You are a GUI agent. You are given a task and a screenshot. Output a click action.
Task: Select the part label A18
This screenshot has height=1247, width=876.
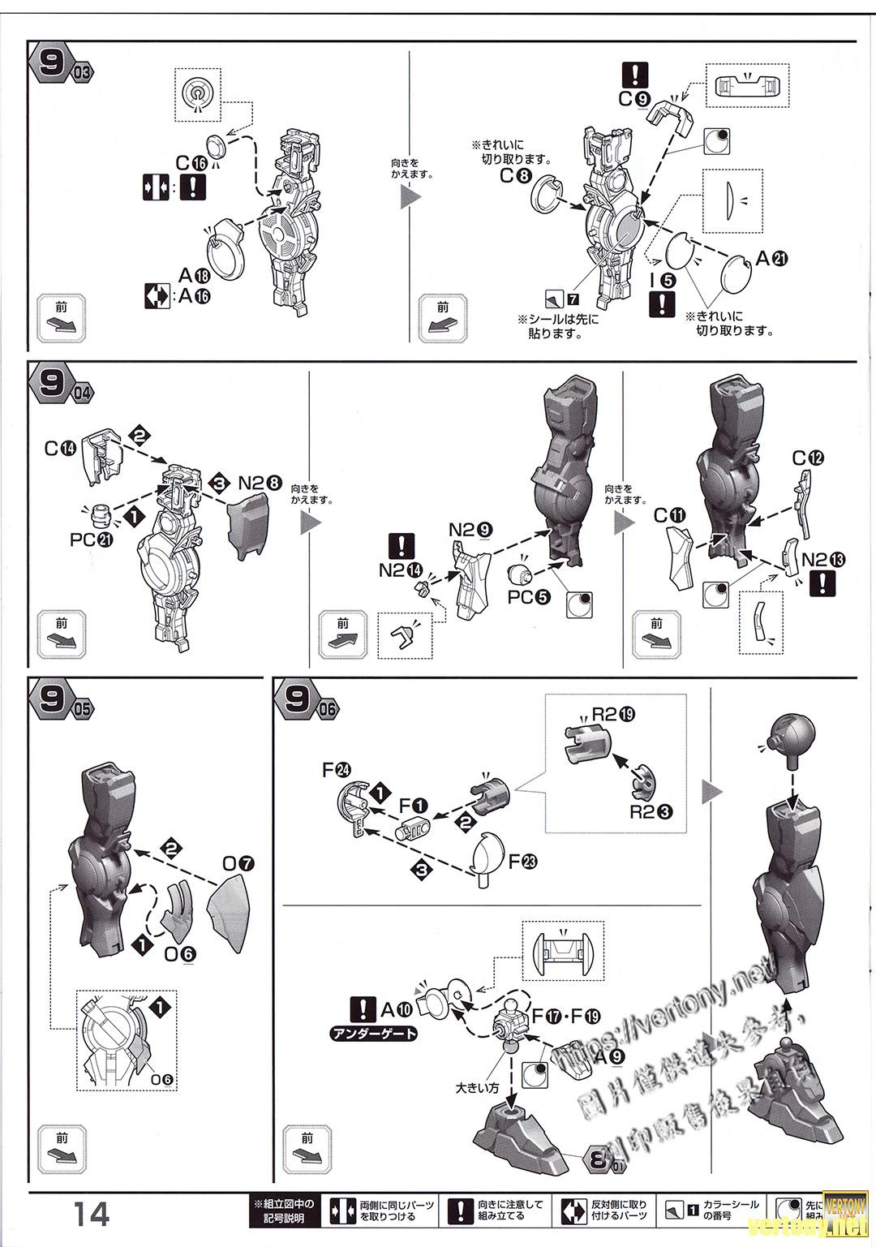pos(195,275)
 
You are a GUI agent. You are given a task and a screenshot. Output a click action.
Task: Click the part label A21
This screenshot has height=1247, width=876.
pos(771,259)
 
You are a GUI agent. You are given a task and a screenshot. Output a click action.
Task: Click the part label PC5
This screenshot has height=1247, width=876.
pos(529,597)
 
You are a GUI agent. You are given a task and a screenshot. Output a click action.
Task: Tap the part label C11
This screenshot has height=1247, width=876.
pos(671,515)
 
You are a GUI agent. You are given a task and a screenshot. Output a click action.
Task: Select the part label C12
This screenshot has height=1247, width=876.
pos(808,458)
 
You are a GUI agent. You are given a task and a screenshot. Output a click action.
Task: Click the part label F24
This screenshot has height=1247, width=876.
pos(337,770)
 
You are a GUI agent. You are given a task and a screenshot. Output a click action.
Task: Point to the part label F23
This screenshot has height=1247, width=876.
pos(522,862)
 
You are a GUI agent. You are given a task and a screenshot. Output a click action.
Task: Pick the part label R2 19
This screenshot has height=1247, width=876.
pos(613,715)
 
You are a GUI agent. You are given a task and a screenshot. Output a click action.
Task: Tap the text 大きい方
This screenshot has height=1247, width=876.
pos(477,1088)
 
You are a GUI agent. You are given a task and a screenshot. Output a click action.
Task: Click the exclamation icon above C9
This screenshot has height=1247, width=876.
pos(634,75)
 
